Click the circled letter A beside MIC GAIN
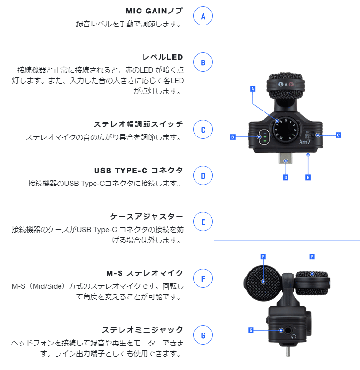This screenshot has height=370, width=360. click(x=203, y=16)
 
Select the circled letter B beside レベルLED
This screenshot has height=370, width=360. click(x=203, y=62)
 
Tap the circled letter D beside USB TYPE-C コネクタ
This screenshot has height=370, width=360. click(x=203, y=176)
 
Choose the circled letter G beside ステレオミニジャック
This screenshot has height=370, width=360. click(x=203, y=335)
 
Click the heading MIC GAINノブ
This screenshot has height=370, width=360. click(x=154, y=11)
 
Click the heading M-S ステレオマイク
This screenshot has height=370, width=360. click(x=144, y=273)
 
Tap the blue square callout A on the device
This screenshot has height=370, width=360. click(x=253, y=89)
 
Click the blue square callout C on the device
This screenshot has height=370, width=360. click(x=338, y=135)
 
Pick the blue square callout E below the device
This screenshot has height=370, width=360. click(x=308, y=177)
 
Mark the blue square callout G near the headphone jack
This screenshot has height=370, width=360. click(x=251, y=330)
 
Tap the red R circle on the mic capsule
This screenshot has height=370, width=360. click(x=291, y=84)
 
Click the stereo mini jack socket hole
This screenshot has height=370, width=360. click(x=291, y=330)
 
